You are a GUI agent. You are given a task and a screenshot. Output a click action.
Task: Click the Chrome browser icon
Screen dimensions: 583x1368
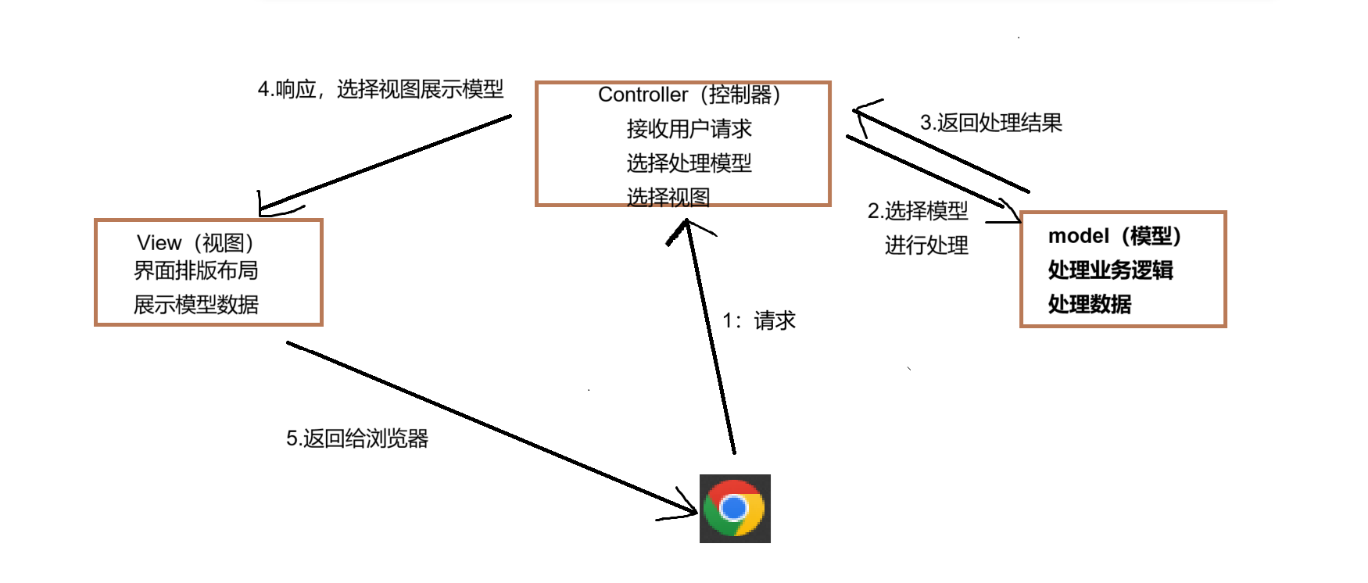[x=735, y=508]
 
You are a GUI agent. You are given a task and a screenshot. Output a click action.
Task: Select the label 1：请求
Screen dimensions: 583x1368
[x=758, y=320]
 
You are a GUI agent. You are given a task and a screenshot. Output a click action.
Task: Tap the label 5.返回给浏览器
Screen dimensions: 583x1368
[x=357, y=438]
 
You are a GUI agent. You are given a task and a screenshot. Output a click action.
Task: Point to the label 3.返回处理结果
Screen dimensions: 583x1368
[x=990, y=123]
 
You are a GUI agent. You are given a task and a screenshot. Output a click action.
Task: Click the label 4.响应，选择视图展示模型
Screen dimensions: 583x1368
[x=381, y=89]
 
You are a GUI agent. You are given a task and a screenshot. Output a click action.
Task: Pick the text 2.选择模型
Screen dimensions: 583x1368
[x=918, y=211]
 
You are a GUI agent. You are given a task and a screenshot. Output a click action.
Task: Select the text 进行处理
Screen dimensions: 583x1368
[x=926, y=245]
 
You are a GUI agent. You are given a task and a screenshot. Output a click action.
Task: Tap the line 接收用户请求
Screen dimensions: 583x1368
[x=689, y=129]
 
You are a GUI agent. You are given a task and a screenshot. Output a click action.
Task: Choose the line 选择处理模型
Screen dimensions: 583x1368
[x=689, y=163]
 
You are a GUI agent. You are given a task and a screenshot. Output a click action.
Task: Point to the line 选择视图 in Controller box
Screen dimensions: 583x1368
[x=668, y=197]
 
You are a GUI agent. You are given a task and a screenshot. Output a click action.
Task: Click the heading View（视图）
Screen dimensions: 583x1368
[x=195, y=243]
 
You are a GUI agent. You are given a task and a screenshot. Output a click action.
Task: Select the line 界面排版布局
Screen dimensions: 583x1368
[x=195, y=270]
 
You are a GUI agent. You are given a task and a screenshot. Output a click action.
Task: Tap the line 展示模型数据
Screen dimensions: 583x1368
[x=195, y=305]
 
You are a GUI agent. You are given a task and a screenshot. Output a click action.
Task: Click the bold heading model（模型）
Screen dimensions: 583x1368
[x=1114, y=236]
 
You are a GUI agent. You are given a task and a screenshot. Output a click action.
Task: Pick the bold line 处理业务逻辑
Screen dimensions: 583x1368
[x=1110, y=270]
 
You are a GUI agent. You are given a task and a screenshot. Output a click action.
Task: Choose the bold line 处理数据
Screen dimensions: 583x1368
[x=1089, y=305]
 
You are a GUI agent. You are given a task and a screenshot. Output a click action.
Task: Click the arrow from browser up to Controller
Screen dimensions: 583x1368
[x=710, y=336]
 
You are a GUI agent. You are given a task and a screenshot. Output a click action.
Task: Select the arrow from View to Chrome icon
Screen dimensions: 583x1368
[x=492, y=427]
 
